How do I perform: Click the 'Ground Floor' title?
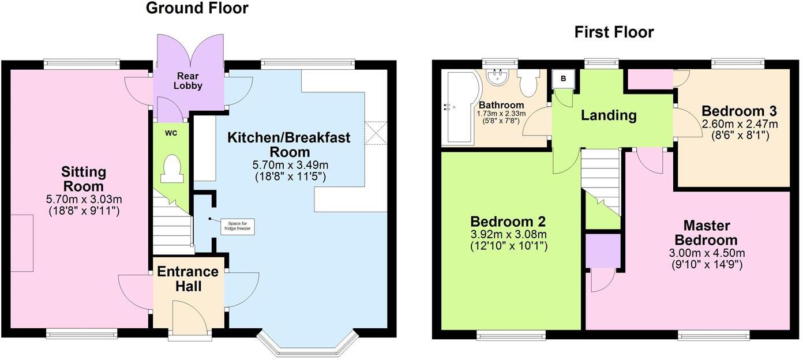tap(197, 8)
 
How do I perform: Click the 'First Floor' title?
tap(614, 32)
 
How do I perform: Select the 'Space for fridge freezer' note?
tap(239, 226)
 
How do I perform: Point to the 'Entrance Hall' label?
tap(188, 279)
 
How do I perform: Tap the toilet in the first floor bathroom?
tap(528, 82)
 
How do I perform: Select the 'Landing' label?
tap(608, 115)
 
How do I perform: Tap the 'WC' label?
tap(170, 133)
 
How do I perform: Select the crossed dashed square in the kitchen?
tap(376, 133)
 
